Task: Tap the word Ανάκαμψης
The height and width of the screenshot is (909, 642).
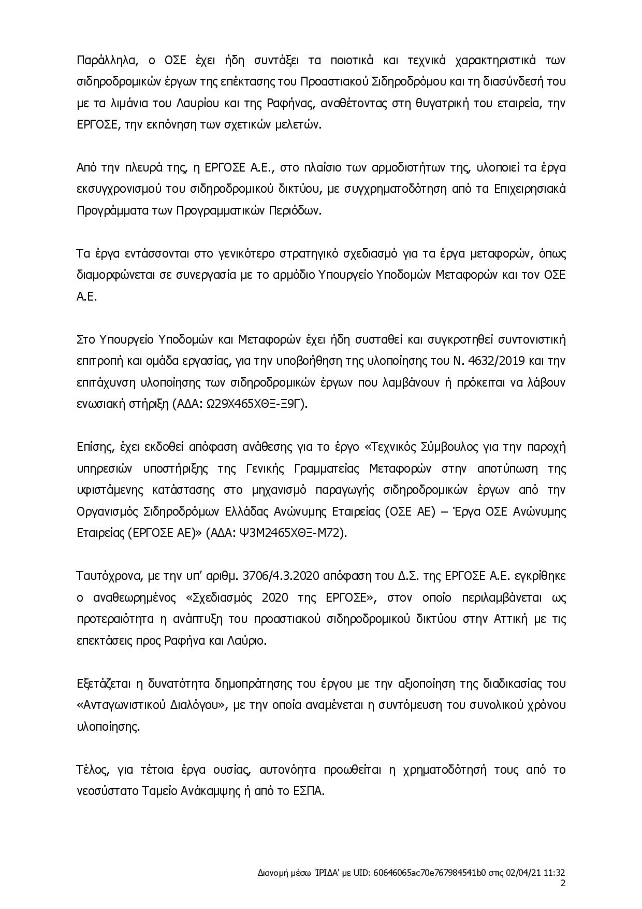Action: pos(199,791)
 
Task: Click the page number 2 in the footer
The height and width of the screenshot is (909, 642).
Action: pos(563,884)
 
